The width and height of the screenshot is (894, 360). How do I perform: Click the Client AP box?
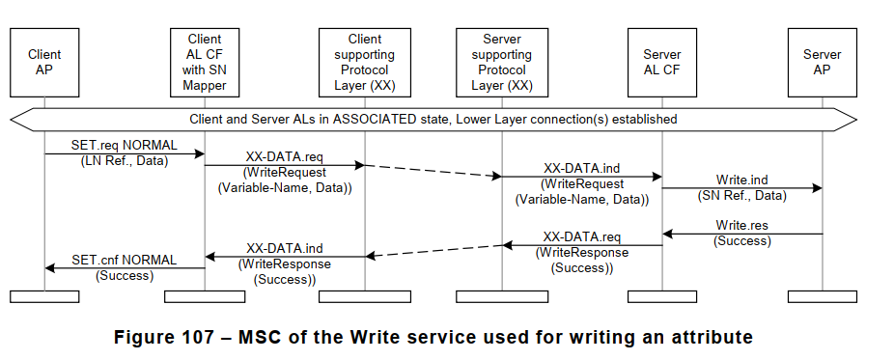tap(44, 63)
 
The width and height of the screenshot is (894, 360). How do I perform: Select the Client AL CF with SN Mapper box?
tap(205, 63)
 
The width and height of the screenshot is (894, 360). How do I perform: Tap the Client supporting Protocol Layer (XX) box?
tap(365, 63)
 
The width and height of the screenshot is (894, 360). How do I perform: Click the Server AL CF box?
tap(662, 63)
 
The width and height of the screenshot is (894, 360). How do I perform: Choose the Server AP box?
tap(823, 63)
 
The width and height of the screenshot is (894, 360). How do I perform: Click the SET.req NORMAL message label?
tap(123, 145)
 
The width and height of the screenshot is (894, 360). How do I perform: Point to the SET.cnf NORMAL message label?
tap(124, 260)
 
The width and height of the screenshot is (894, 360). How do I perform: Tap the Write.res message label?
tap(742, 225)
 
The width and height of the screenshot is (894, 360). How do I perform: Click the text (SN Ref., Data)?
tap(742, 196)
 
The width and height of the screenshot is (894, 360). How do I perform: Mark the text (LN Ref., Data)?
tap(123, 160)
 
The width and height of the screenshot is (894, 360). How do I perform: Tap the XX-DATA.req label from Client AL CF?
tap(285, 156)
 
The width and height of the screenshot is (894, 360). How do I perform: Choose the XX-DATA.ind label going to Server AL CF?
tap(581, 168)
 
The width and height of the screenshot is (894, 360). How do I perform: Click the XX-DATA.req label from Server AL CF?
tap(581, 236)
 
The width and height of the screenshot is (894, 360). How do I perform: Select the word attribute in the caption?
tap(709, 338)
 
